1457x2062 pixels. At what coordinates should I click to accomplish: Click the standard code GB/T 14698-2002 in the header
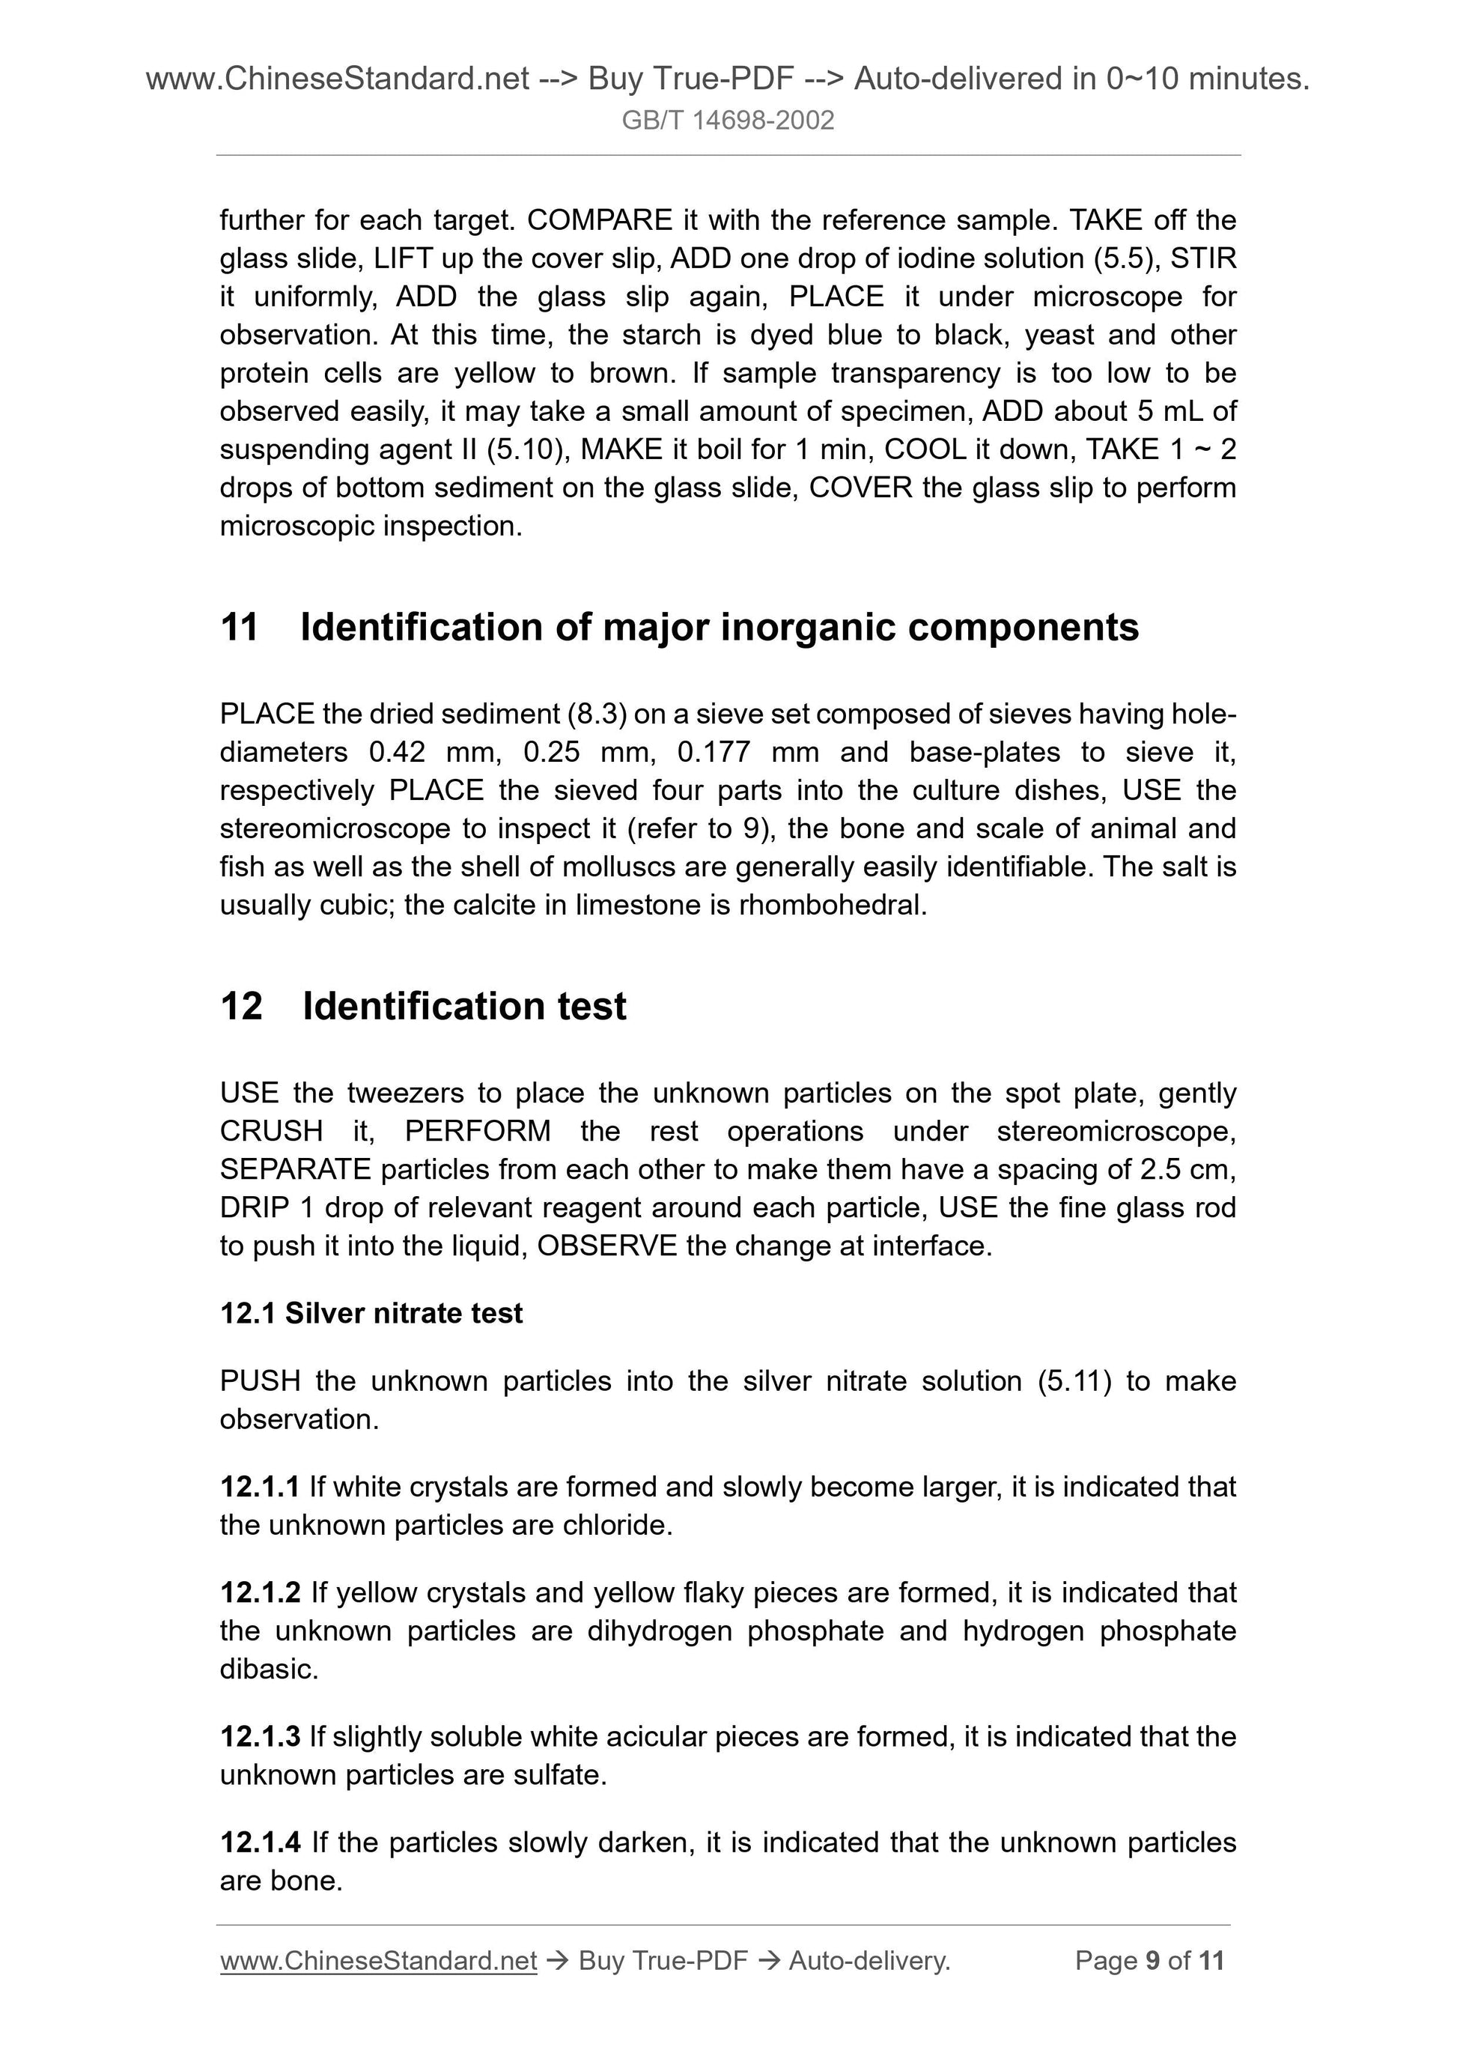[727, 121]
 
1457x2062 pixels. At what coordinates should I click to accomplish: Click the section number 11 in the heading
[239, 628]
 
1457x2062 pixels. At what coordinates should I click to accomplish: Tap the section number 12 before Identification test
[240, 1006]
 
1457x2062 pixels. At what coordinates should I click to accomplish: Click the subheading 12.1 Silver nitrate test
[371, 1313]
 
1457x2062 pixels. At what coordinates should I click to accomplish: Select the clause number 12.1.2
[260, 1592]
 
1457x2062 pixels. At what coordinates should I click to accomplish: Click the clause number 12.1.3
[260, 1737]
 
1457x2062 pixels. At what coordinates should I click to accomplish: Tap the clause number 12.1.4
[260, 1843]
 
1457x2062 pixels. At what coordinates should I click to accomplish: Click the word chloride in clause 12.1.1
[617, 1525]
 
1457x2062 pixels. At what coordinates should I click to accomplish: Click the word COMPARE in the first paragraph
[600, 220]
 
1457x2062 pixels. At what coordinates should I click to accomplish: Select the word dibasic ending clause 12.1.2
[269, 1670]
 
